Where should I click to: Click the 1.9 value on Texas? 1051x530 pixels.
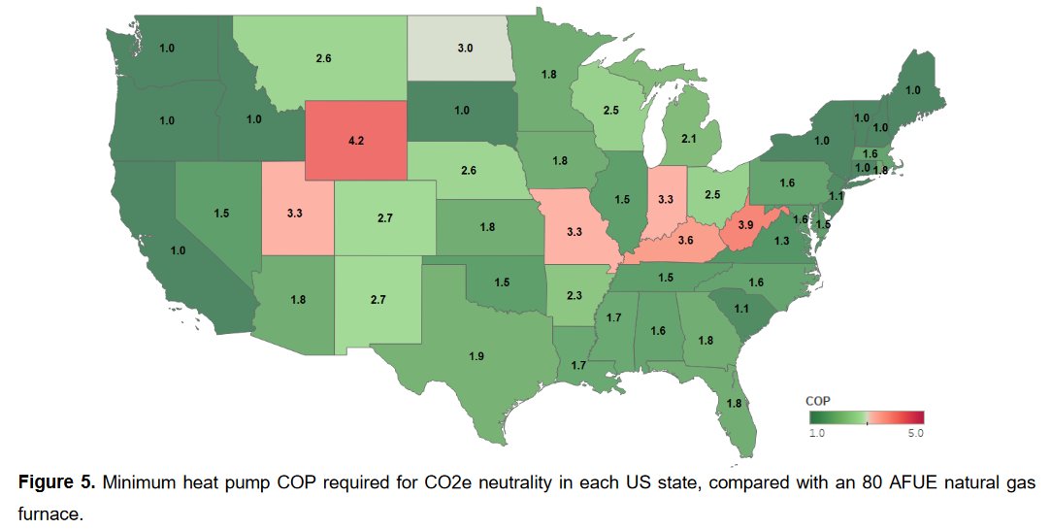[476, 357]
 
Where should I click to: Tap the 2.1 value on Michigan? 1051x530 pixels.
[689, 140]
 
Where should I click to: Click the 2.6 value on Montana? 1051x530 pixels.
[323, 59]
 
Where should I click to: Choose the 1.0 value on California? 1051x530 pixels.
[177, 250]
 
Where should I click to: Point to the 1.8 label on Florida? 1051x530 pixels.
[735, 403]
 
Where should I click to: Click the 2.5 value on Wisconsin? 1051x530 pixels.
[610, 112]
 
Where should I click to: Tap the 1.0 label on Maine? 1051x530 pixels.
[912, 90]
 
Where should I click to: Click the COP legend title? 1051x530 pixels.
[818, 401]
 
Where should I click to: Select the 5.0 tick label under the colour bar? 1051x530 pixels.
[915, 433]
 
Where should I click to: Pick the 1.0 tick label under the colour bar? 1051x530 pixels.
[817, 433]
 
